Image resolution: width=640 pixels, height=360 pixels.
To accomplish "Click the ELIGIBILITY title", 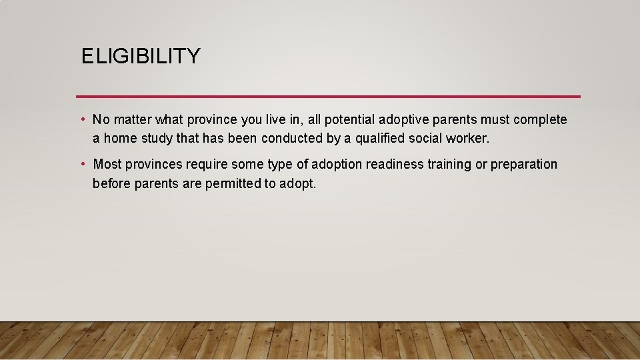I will tap(140, 57).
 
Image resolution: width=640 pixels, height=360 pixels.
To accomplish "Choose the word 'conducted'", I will tap(292, 139).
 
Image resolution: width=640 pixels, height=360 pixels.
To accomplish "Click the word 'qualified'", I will tap(380, 139).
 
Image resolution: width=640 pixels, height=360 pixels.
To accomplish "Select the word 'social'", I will tap(429, 139).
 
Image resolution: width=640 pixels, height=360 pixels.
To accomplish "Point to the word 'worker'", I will tap(469, 139).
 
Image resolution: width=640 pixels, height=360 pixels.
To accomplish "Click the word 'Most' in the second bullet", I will tap(107, 165).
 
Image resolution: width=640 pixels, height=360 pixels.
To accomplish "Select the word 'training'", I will tap(449, 165).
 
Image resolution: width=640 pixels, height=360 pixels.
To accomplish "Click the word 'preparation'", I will tap(523, 165).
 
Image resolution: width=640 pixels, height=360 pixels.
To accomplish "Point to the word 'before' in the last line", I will tap(111, 183).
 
